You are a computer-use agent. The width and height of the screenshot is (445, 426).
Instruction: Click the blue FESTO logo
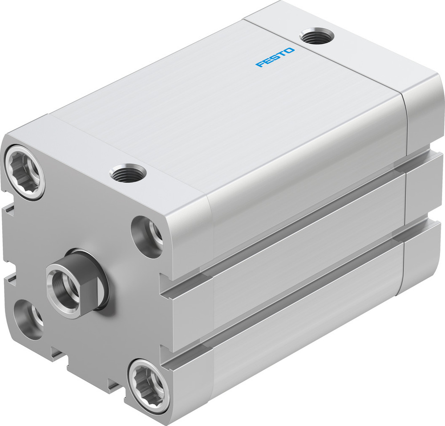[275, 57]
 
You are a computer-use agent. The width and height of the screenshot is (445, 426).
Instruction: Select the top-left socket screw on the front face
[25, 171]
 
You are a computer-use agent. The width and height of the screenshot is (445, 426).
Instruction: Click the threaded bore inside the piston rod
[61, 284]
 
